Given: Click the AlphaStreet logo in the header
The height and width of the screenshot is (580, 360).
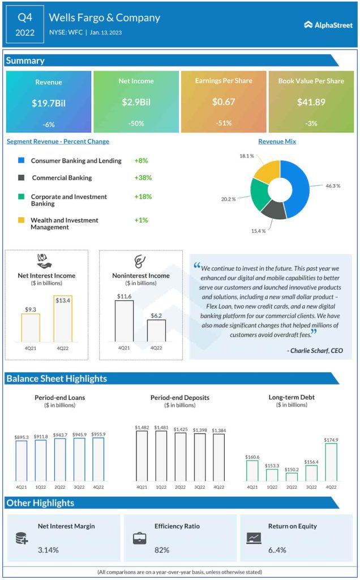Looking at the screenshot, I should (328, 24).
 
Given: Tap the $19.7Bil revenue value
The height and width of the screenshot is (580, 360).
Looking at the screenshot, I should (48, 103).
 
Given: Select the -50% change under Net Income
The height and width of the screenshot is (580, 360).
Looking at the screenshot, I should (135, 123).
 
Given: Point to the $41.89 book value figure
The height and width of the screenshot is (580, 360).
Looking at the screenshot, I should (311, 103).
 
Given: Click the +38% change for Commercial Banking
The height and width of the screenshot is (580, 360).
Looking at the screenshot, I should (143, 177).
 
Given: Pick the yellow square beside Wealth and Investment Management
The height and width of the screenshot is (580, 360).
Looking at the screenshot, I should (21, 220).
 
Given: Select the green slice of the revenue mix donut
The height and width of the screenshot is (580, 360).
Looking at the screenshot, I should (261, 194).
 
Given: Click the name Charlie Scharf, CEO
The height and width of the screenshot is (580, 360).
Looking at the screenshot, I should (315, 351).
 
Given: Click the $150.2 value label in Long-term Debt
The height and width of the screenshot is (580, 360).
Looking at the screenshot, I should (292, 470).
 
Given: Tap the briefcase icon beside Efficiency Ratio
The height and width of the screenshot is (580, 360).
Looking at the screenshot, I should (139, 539).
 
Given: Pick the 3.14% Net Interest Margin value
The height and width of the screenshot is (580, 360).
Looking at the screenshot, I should (48, 549).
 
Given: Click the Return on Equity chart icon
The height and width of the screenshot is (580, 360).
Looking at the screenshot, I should (254, 538).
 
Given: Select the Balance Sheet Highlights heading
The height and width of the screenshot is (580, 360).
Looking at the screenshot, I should (57, 378).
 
